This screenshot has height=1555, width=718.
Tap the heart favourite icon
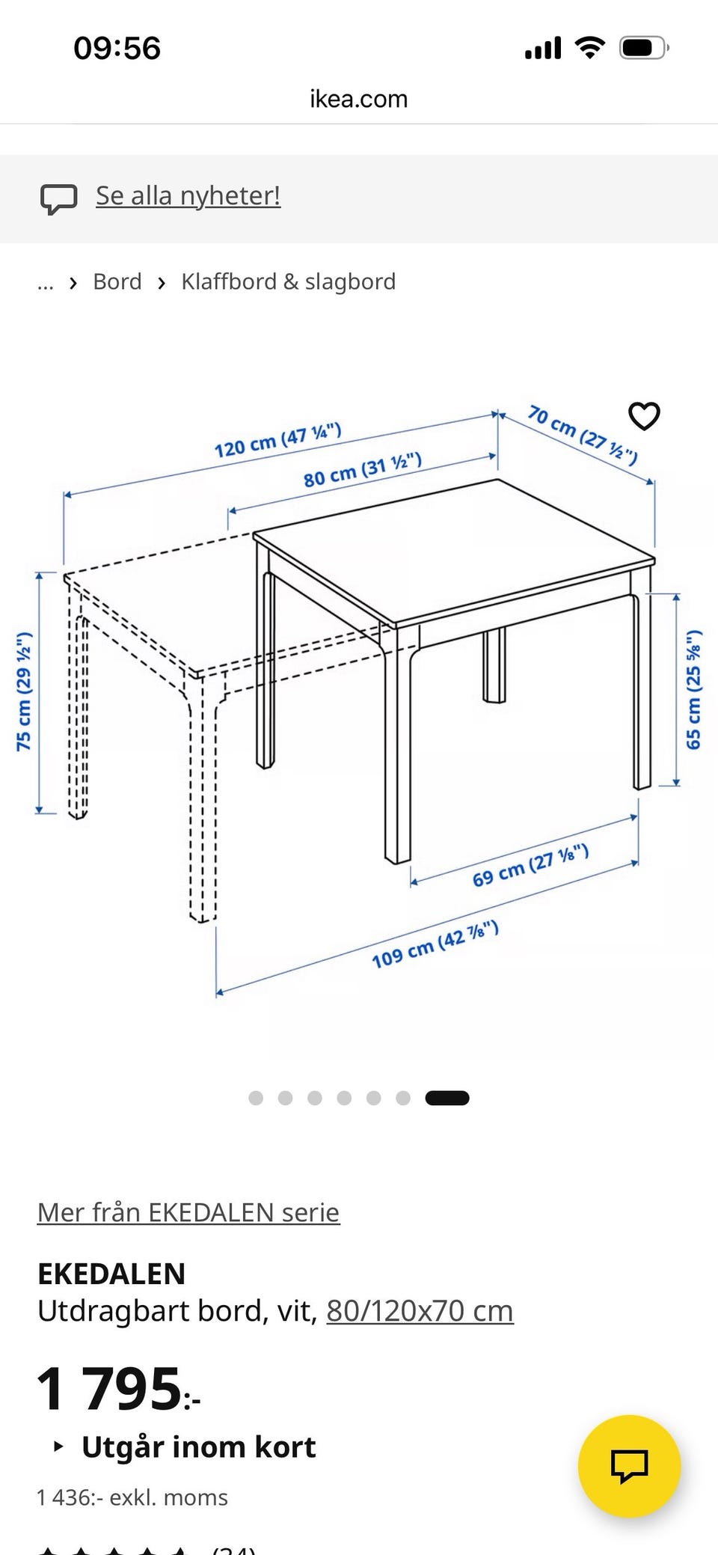tap(644, 416)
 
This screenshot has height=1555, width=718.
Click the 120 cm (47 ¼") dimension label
tap(278, 440)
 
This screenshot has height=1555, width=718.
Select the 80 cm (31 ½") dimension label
tap(363, 469)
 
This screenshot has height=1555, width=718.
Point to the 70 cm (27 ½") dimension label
tap(583, 435)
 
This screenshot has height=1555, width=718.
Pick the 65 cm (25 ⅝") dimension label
tap(693, 689)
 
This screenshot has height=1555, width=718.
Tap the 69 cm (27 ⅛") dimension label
tap(530, 866)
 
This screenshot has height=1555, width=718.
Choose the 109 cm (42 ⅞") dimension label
tap(435, 944)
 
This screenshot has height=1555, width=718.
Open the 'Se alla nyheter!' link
tap(188, 195)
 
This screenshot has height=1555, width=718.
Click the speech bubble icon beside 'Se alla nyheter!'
tap(58, 199)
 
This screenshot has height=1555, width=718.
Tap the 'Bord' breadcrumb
tap(117, 281)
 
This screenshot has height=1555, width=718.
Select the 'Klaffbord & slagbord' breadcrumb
tap(289, 281)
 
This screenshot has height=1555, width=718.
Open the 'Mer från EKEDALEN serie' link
tap(188, 1212)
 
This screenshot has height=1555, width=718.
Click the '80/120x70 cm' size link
tap(420, 1311)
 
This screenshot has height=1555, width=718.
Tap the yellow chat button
tap(630, 1465)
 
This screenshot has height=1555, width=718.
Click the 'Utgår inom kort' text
tap(199, 1447)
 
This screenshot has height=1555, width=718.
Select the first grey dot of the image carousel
tap(256, 1098)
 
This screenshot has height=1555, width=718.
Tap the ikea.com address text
tap(359, 99)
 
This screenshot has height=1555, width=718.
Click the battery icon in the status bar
tap(644, 49)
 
